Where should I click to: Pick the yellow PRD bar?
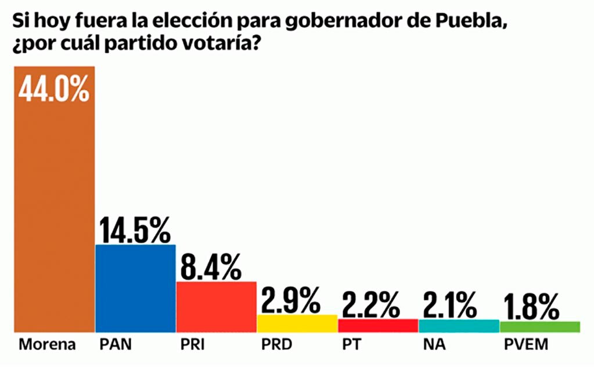pyautogui.click(x=297, y=323)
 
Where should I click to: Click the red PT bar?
pyautogui.click(x=377, y=325)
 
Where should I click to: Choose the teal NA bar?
pyautogui.click(x=459, y=326)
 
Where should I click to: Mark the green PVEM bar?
pyautogui.click(x=539, y=326)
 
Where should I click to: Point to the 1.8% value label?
pyautogui.click(x=532, y=307)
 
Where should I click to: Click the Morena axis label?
pyautogui.click(x=48, y=345)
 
